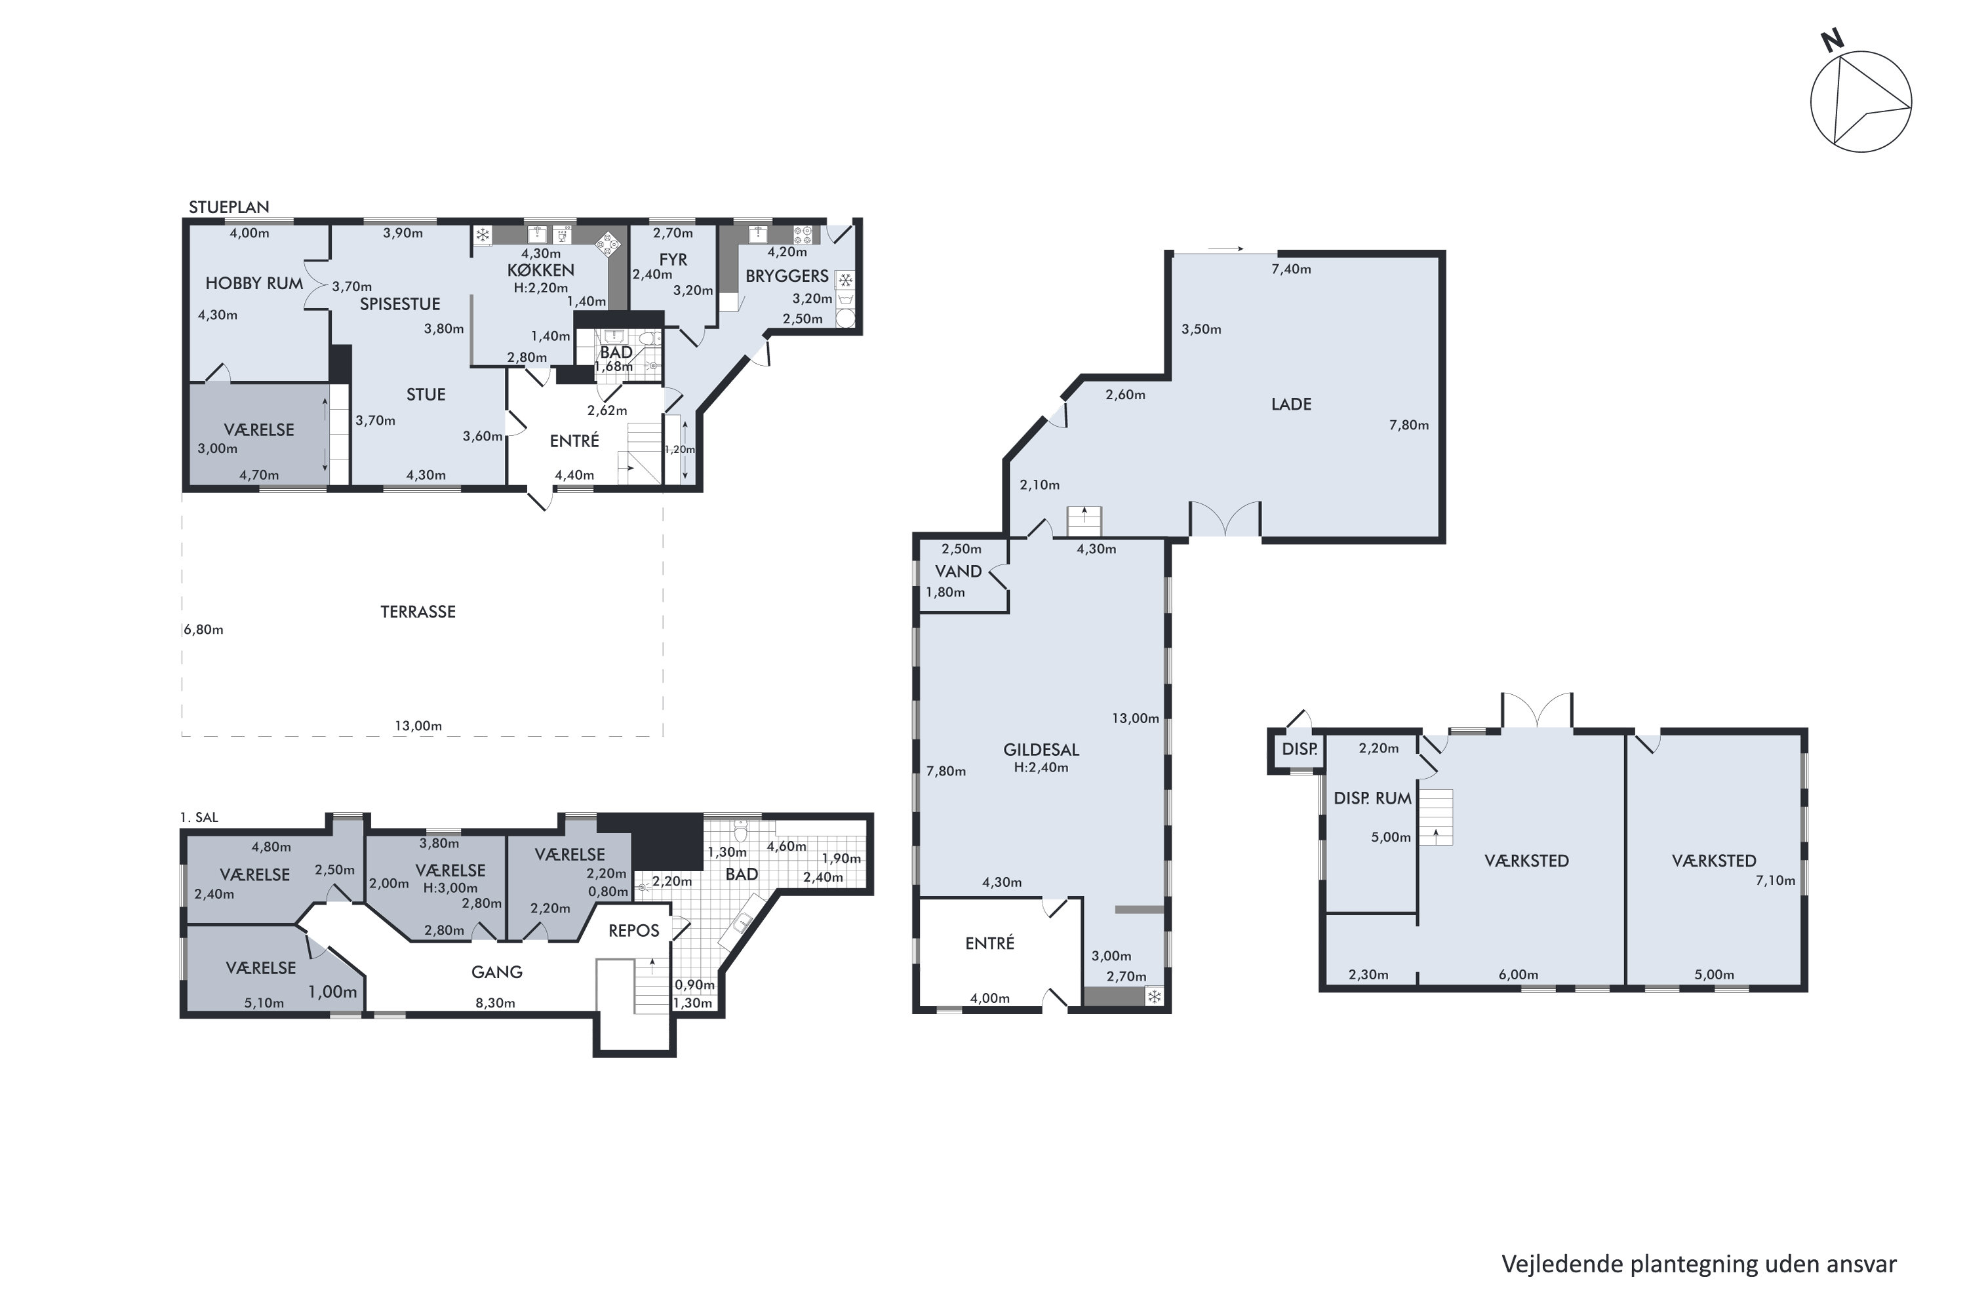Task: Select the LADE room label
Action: point(1290,404)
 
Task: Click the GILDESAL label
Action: point(1041,750)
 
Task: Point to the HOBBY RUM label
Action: point(254,283)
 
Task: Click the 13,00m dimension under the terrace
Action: point(418,726)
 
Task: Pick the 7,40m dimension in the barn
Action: point(1290,269)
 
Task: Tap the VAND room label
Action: point(957,572)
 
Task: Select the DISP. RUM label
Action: point(1372,798)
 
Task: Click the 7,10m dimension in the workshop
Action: point(1775,880)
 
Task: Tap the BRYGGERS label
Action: point(786,276)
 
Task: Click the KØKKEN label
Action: point(540,270)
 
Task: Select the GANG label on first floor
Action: point(497,972)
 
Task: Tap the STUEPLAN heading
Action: point(228,207)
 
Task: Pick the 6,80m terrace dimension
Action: point(203,629)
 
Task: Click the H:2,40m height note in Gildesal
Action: point(1041,768)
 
